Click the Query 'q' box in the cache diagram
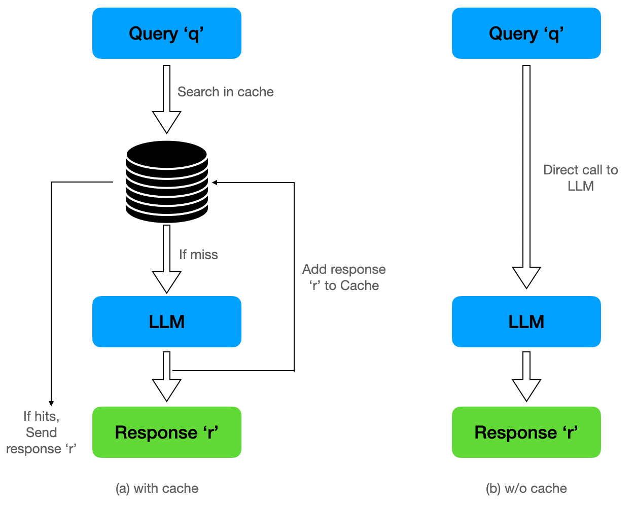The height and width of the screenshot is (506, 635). point(166,33)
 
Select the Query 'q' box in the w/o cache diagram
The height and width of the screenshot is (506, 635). point(526,33)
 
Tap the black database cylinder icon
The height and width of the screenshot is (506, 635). point(167,182)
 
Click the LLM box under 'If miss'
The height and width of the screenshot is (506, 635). point(166,321)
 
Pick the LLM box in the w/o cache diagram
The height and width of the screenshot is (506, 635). point(526,321)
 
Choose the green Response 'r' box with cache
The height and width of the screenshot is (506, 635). point(166,432)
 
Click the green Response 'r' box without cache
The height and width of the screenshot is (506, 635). point(526,432)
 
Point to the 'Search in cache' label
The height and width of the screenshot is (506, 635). point(225,92)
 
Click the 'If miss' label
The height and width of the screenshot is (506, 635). point(198,255)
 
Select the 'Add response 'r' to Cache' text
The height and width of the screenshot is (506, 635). point(344,277)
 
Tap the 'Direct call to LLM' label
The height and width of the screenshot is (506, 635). point(580,178)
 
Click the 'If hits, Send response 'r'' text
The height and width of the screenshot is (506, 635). point(41,432)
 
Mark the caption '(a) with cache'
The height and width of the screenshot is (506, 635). point(157,488)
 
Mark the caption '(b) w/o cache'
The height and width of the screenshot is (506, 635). point(526,488)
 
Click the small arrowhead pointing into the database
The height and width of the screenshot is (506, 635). point(215,183)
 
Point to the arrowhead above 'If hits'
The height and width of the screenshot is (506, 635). point(51,403)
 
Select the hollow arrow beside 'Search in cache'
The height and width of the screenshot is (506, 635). point(166,99)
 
